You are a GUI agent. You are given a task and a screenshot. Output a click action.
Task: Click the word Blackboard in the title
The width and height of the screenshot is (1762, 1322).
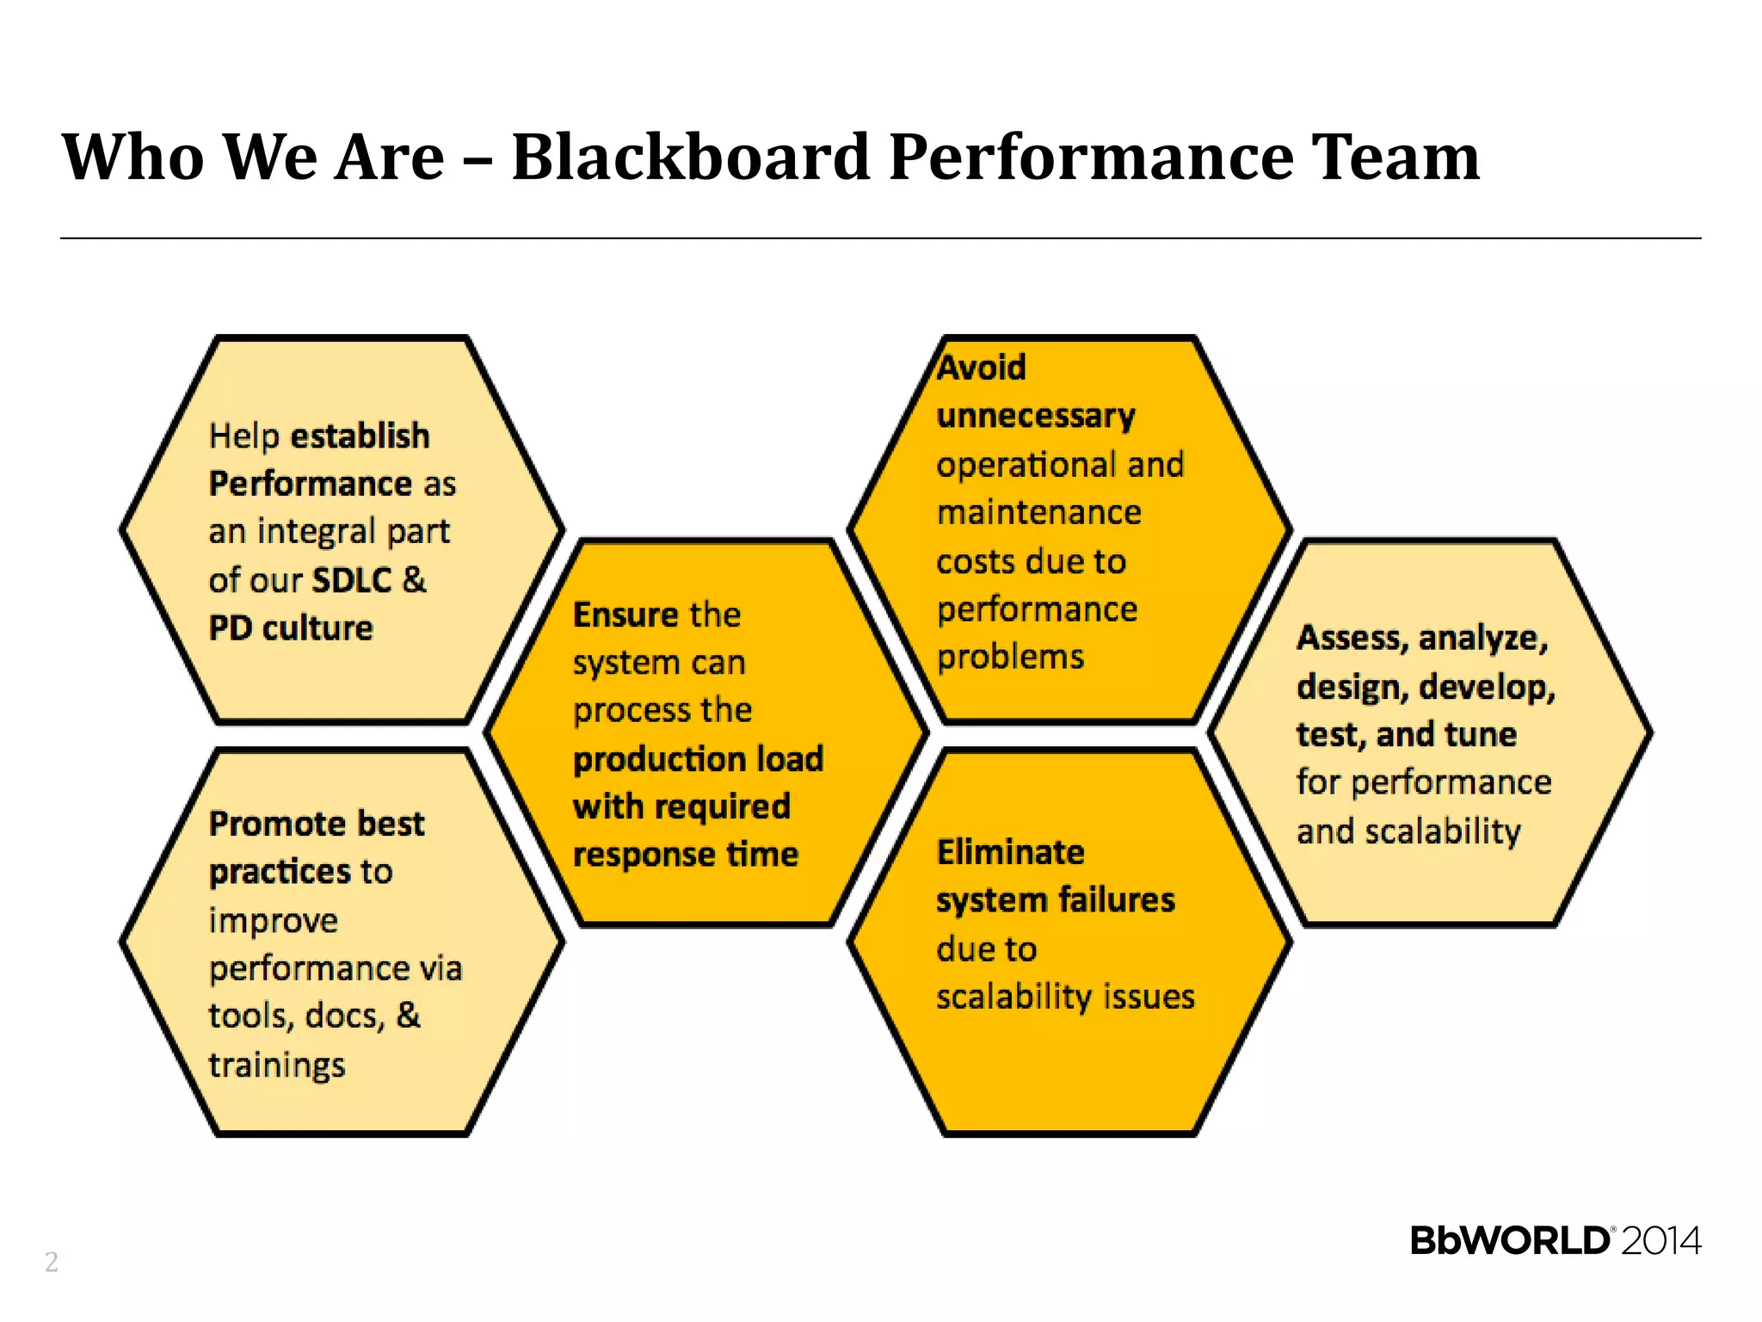click(x=691, y=158)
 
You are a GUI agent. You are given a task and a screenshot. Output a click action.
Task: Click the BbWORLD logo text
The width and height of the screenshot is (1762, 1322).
click(x=1510, y=1241)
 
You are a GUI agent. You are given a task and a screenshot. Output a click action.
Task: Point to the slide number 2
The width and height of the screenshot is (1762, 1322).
click(x=52, y=1262)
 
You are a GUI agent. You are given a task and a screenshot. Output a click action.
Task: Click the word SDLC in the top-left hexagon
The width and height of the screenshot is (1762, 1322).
click(x=352, y=580)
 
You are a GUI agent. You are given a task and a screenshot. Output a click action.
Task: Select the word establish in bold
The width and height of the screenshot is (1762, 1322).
click(x=360, y=436)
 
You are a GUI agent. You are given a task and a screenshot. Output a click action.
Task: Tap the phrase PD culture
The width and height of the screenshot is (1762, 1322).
click(x=291, y=628)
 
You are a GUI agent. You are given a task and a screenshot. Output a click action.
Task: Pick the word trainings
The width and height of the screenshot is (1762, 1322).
click(x=277, y=1066)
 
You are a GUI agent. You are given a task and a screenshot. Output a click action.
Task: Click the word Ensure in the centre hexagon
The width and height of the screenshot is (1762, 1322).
click(x=626, y=615)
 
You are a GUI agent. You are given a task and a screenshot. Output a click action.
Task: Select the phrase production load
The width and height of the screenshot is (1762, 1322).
click(x=698, y=759)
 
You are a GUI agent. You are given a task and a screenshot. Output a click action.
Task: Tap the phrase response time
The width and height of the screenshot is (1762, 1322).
click(x=686, y=855)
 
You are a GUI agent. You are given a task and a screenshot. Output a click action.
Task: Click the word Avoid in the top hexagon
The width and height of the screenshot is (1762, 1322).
click(x=982, y=368)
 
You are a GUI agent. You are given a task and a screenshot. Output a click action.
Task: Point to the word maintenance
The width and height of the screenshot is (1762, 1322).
click(x=1039, y=513)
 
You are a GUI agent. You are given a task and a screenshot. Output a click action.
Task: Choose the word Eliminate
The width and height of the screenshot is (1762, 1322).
click(x=1010, y=852)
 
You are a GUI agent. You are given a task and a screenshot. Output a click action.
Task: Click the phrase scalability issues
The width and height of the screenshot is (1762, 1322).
click(x=1065, y=997)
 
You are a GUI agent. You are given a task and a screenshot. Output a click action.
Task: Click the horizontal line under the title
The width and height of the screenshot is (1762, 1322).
click(x=880, y=238)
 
